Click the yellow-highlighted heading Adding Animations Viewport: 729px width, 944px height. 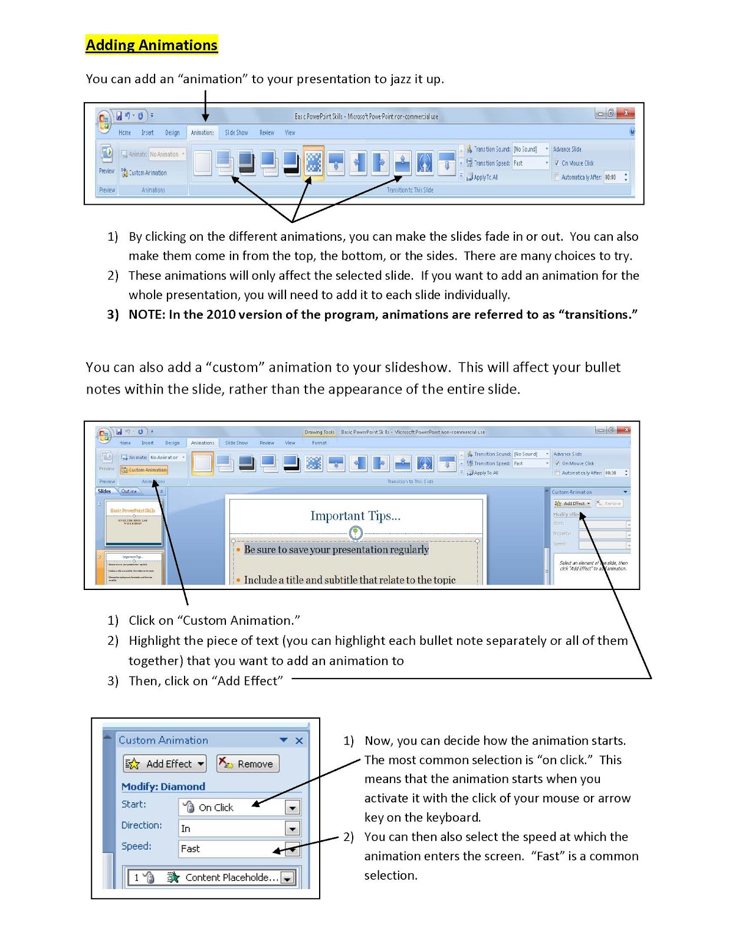click(152, 45)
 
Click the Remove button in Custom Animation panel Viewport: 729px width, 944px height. click(248, 763)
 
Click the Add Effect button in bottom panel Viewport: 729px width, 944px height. click(165, 763)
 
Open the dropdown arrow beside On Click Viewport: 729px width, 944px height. click(292, 807)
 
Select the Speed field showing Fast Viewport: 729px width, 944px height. click(230, 848)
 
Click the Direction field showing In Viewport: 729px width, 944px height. click(230, 828)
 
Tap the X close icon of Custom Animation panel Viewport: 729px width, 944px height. click(299, 740)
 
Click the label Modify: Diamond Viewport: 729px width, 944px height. click(163, 786)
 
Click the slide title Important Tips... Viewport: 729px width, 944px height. click(355, 516)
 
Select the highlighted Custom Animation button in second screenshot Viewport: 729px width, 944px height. click(145, 470)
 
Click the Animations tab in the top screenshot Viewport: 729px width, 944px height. click(202, 133)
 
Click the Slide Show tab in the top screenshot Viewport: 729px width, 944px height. click(236, 133)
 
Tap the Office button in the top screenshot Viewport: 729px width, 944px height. click(104, 122)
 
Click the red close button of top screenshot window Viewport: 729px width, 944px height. click(626, 113)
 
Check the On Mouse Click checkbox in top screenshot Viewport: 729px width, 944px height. click(556, 163)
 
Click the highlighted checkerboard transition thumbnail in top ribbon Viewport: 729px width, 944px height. click(313, 162)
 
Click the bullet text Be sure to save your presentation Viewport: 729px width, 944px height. click(336, 549)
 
